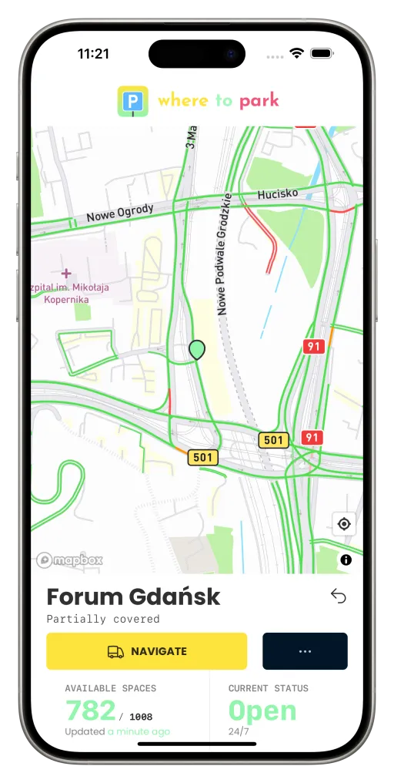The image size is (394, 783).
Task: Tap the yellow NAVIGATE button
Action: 146,651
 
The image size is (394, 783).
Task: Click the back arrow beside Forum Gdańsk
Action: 338,596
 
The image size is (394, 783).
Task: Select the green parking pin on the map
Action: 197,350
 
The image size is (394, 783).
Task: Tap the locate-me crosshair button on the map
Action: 344,524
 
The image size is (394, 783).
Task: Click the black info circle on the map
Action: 346,560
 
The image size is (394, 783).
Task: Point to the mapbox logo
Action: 69,560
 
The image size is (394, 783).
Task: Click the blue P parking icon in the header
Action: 133,101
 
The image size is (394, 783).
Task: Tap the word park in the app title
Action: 259,100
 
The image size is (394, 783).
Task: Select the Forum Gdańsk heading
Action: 133,596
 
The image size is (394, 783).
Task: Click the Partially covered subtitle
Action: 103,619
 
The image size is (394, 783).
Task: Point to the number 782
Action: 91,711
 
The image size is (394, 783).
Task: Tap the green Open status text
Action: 262,711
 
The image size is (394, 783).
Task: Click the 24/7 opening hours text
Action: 239,731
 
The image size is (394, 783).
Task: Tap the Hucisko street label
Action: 278,194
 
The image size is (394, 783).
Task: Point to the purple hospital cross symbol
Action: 66,273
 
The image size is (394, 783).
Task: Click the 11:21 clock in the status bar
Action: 93,54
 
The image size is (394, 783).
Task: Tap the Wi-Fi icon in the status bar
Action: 296,53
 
